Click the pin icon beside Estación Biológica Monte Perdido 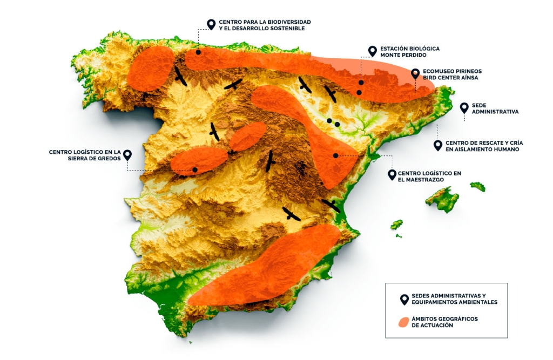tap(372, 51)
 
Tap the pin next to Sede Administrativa tap(464, 108)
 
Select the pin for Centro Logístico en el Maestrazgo tap(393, 174)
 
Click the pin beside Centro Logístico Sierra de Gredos tap(127, 155)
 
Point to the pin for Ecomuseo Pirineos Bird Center tap(415, 74)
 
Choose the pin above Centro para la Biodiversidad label tap(212, 24)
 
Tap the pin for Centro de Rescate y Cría tap(438, 145)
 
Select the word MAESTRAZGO tap(419, 179)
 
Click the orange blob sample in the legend tap(403, 322)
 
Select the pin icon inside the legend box tap(403, 299)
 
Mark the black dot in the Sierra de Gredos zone tap(195, 169)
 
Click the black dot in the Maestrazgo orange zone tap(335, 155)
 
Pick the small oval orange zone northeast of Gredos tap(247, 136)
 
